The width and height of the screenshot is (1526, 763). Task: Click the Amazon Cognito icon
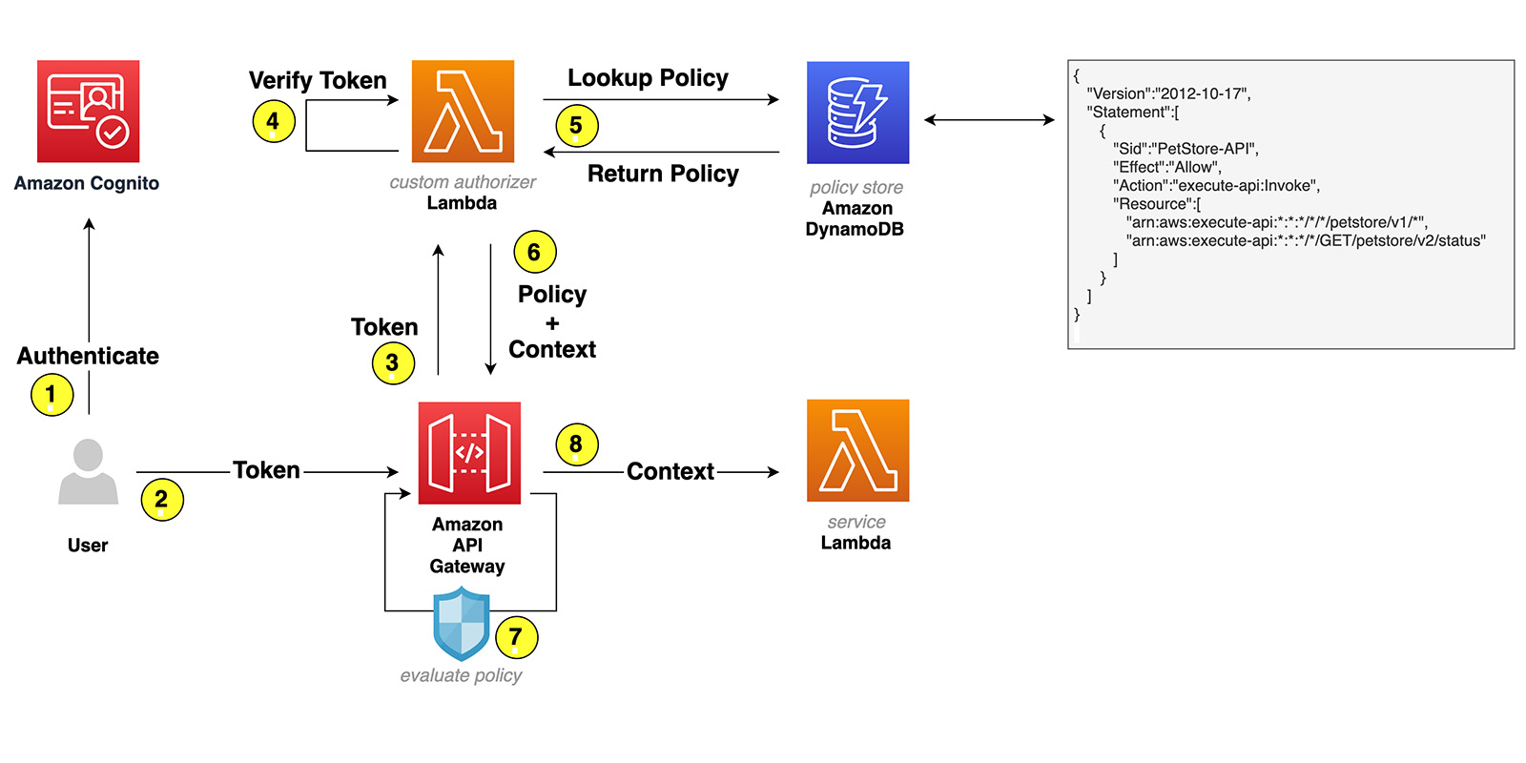pyautogui.click(x=88, y=112)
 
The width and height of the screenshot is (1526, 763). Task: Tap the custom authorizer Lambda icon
pyautogui.click(x=463, y=112)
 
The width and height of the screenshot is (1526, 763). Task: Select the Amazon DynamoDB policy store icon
pyautogui.click(x=857, y=113)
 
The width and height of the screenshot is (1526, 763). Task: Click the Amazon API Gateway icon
pyautogui.click(x=469, y=453)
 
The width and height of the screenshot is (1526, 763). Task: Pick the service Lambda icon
pyautogui.click(x=857, y=450)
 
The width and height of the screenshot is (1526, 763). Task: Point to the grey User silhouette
pyautogui.click(x=88, y=471)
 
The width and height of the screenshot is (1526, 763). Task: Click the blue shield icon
pyautogui.click(x=462, y=624)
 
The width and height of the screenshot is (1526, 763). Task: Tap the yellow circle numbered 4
pyautogui.click(x=273, y=121)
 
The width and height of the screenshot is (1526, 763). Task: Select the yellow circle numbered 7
pyautogui.click(x=516, y=637)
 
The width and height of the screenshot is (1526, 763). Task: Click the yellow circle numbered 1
pyautogui.click(x=52, y=395)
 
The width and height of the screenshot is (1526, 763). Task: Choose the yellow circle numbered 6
pyautogui.click(x=534, y=252)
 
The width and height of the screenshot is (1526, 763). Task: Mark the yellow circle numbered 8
pyautogui.click(x=576, y=444)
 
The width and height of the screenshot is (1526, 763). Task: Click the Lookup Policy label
pyautogui.click(x=648, y=78)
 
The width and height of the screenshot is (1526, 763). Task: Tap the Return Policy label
pyautogui.click(x=663, y=174)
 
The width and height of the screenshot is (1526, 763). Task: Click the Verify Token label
pyautogui.click(x=318, y=80)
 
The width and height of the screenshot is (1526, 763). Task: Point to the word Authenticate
pyautogui.click(x=88, y=356)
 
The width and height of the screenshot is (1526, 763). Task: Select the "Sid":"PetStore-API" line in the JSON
pyautogui.click(x=1186, y=149)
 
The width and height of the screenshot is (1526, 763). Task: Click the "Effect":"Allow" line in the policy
pyautogui.click(x=1166, y=167)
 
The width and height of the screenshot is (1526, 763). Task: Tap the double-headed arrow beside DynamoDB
pyautogui.click(x=989, y=120)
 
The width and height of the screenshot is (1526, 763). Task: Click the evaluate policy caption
pyautogui.click(x=461, y=675)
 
